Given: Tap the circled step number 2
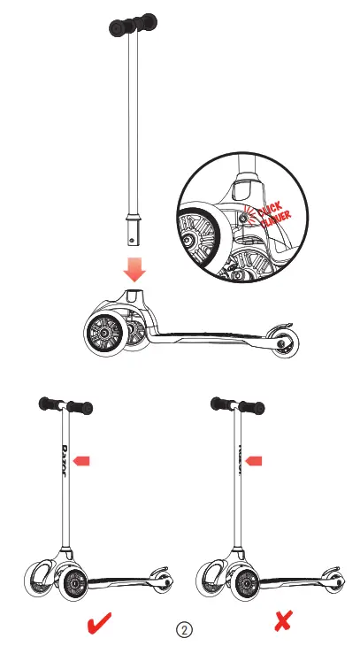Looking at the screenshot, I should click(x=184, y=629).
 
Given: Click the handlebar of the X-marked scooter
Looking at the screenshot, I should click(x=238, y=406).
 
